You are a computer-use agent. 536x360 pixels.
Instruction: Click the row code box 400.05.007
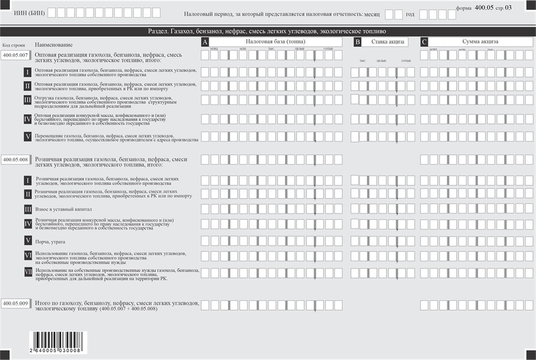[16, 55]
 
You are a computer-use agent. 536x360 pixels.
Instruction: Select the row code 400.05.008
[16, 160]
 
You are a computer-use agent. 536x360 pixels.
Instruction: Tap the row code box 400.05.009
[16, 303]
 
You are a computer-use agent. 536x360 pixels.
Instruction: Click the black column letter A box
[205, 42]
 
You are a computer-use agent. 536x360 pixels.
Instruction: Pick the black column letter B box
[357, 42]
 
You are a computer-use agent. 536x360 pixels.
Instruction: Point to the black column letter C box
[424, 42]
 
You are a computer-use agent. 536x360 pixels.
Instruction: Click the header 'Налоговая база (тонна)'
[275, 41]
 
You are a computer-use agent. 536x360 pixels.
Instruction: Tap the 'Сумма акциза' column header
[480, 41]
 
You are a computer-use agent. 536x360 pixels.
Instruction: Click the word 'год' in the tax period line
[410, 14]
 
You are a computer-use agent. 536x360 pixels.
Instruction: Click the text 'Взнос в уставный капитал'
[63, 210]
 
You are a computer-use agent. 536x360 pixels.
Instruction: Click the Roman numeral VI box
[28, 256]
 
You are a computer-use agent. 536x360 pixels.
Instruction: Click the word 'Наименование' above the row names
[53, 45]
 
